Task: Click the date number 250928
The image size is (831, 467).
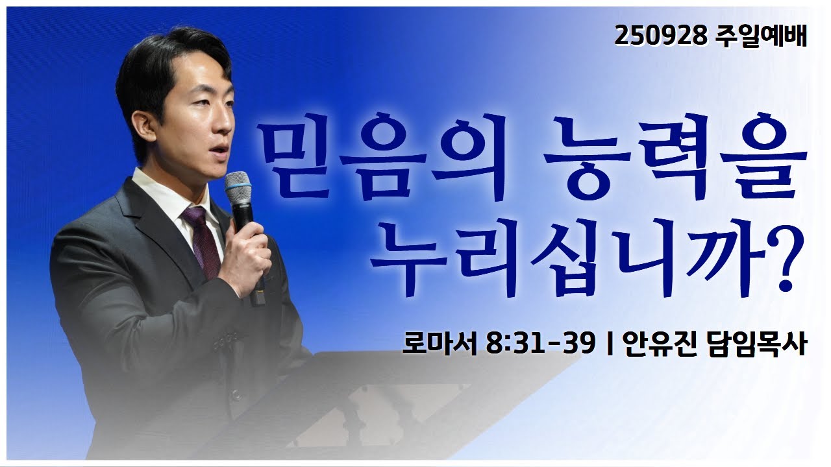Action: pyautogui.click(x=660, y=37)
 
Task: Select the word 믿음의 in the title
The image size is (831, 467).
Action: pyautogui.click(x=381, y=159)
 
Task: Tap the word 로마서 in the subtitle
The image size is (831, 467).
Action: pyautogui.click(x=440, y=344)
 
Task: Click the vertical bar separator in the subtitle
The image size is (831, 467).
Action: pyautogui.click(x=609, y=344)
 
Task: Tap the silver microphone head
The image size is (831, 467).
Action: pyautogui.click(x=238, y=187)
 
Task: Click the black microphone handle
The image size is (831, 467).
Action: pyautogui.click(x=248, y=252)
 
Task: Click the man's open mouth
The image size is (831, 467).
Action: pyautogui.click(x=219, y=150)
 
